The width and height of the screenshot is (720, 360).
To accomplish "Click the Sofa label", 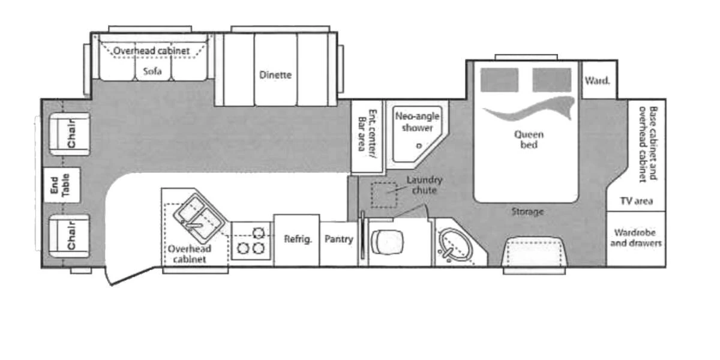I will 152,71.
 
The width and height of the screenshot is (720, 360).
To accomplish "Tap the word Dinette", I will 275,75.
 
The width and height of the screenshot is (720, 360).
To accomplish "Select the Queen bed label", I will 526,140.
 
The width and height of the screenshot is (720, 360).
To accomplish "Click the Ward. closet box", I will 597,80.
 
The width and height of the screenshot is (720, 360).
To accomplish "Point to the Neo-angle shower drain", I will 419,145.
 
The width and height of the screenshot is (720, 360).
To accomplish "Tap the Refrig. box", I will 298,239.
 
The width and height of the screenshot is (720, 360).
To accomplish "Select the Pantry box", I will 338,239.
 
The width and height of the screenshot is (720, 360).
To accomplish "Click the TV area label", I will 637,201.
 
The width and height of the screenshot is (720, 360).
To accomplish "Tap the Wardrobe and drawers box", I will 637,238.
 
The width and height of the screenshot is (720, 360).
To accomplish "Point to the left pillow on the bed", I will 499,80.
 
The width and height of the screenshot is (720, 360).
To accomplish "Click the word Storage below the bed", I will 527,212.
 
